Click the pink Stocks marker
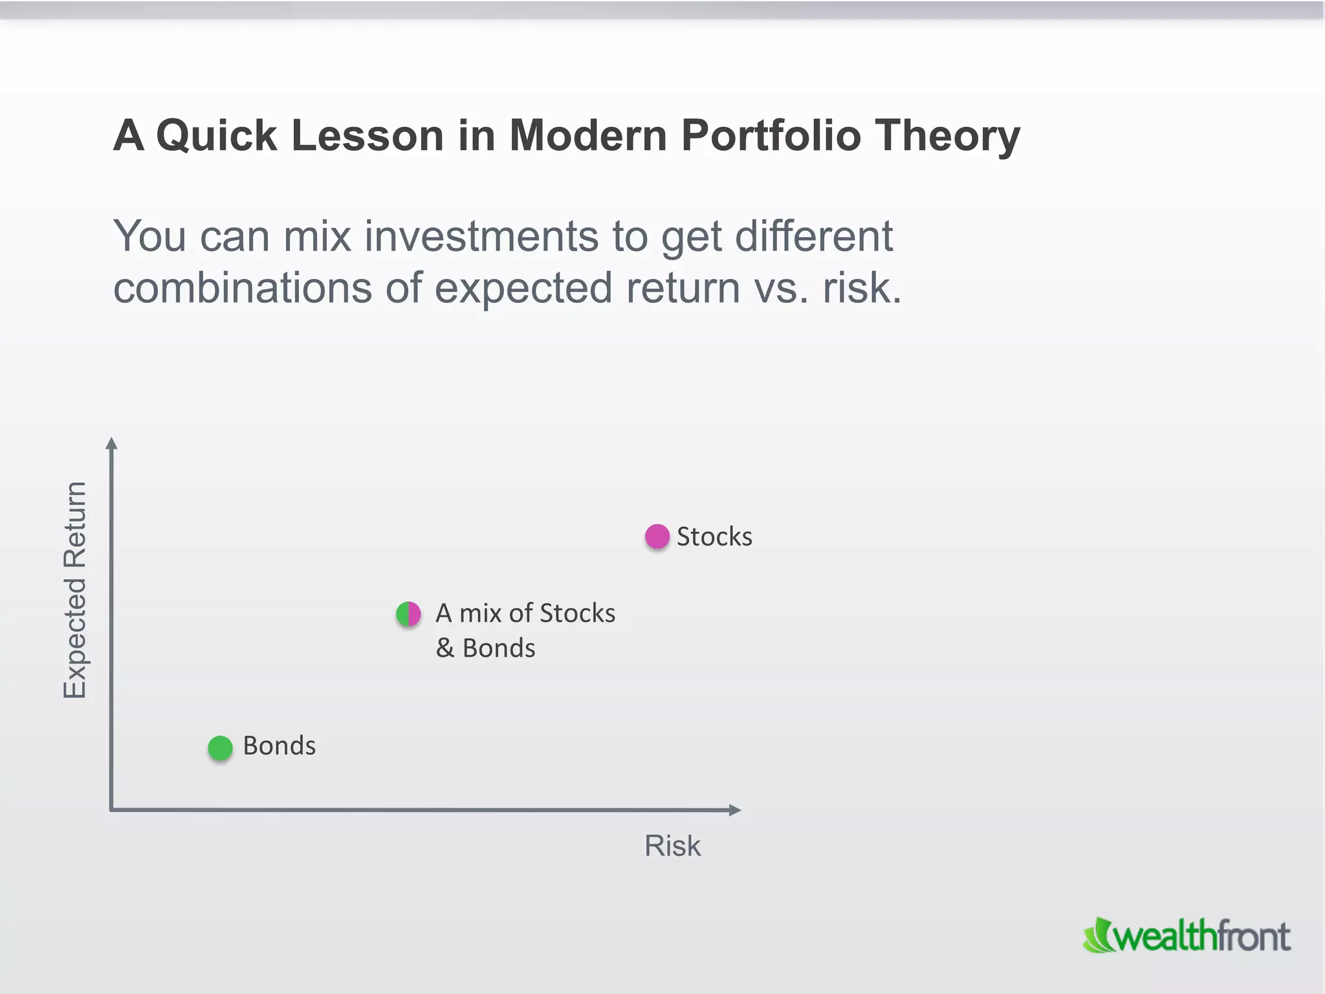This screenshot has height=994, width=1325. pyautogui.click(x=657, y=536)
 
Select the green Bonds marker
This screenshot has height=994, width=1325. pyautogui.click(x=220, y=748)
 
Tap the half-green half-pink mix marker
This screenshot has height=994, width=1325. pyautogui.click(x=408, y=613)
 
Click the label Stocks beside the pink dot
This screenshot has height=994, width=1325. pyautogui.click(x=714, y=536)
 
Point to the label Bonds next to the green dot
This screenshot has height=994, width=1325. pyautogui.click(x=279, y=745)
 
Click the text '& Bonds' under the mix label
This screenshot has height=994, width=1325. pyautogui.click(x=485, y=648)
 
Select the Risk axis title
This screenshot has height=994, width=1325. pyautogui.click(x=672, y=846)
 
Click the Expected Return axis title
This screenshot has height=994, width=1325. pyautogui.click(x=75, y=590)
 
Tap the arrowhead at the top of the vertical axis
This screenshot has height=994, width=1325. pyautogui.click(x=111, y=443)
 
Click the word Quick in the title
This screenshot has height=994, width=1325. pyautogui.click(x=217, y=136)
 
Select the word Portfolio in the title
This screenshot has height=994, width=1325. pyautogui.click(x=771, y=136)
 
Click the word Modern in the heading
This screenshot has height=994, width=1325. pyautogui.click(x=587, y=136)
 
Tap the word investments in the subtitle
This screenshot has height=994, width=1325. pyautogui.click(x=481, y=236)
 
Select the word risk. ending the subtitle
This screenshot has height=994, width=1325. pyautogui.click(x=861, y=288)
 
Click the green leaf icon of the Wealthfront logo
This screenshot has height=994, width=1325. pyautogui.click(x=1097, y=936)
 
